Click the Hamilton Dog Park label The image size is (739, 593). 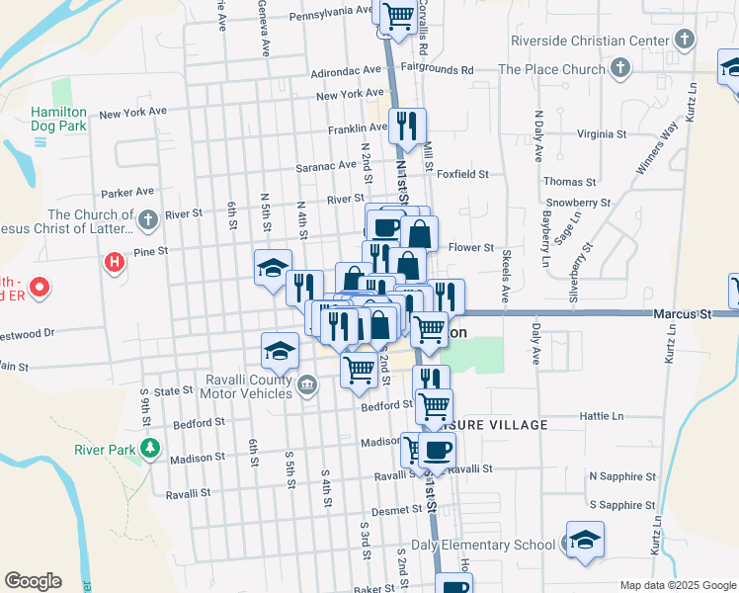click(58, 120)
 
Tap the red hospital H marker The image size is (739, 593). click(115, 263)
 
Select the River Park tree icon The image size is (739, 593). click(149, 449)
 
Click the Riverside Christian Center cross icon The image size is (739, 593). click(684, 41)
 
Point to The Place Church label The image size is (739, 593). click(551, 69)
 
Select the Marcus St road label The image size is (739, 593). click(682, 313)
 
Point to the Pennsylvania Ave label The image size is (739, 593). click(330, 13)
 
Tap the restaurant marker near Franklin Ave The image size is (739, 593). click(407, 125)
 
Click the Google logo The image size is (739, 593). click(33, 581)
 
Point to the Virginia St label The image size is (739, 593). click(602, 134)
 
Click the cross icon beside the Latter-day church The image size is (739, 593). click(147, 219)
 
